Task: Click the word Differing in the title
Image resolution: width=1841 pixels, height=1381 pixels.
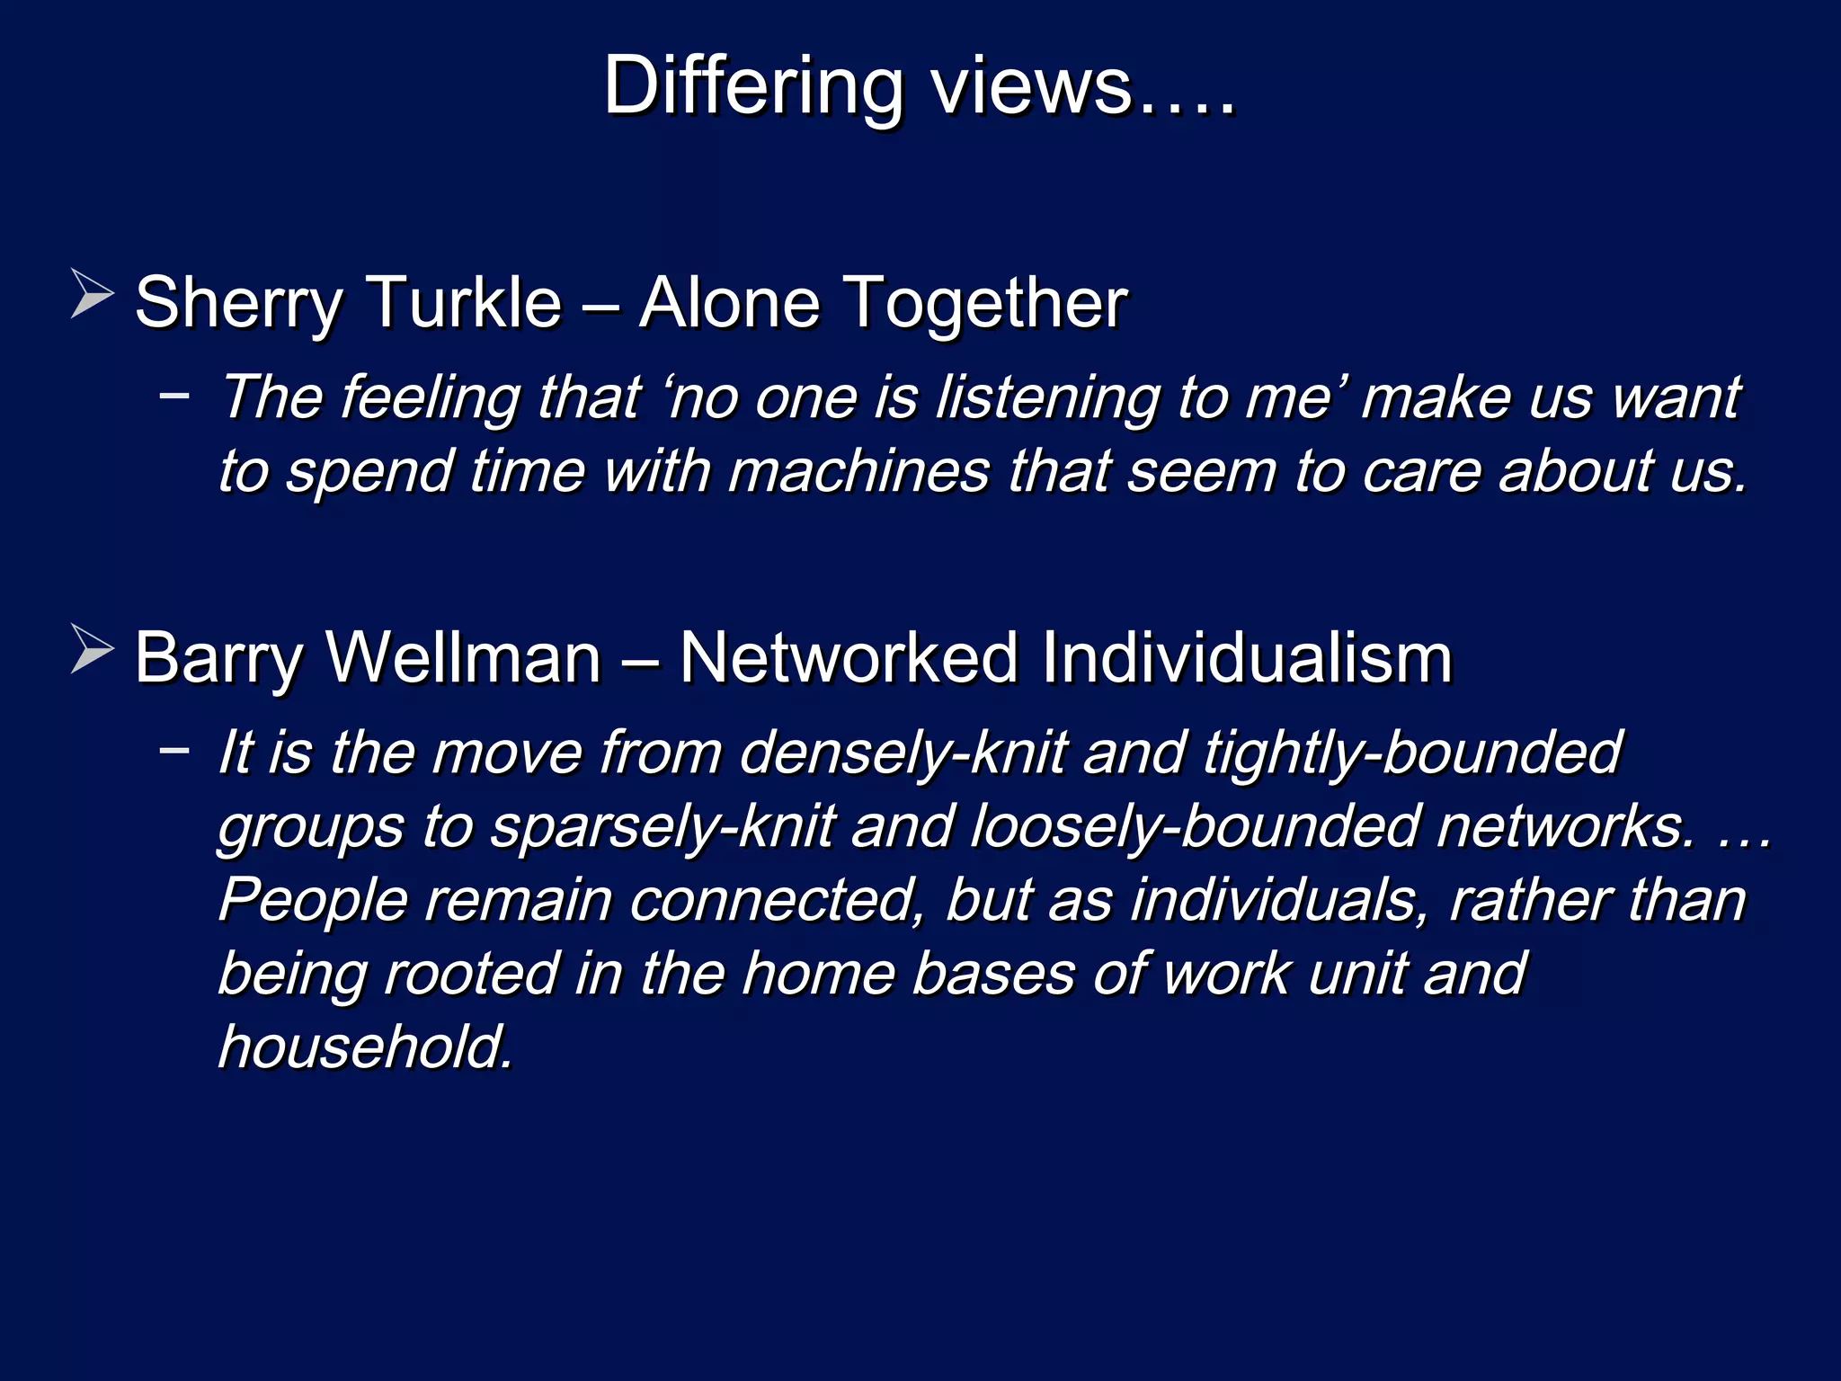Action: pyautogui.click(x=753, y=87)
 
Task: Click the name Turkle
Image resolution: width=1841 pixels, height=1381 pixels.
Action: pyautogui.click(x=465, y=303)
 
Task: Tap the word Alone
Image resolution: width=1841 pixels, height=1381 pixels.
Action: pyautogui.click(x=729, y=303)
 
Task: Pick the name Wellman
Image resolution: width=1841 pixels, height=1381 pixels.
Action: pyautogui.click(x=464, y=658)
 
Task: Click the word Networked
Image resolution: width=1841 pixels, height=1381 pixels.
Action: pyautogui.click(x=849, y=658)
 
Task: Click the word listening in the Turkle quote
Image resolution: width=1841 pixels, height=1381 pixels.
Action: pyautogui.click(x=1048, y=397)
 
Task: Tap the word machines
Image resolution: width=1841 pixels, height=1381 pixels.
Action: pyautogui.click(x=858, y=471)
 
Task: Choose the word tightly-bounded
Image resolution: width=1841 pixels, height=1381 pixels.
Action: pyautogui.click(x=1412, y=753)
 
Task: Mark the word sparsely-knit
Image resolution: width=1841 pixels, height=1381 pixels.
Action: pyautogui.click(x=663, y=826)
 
